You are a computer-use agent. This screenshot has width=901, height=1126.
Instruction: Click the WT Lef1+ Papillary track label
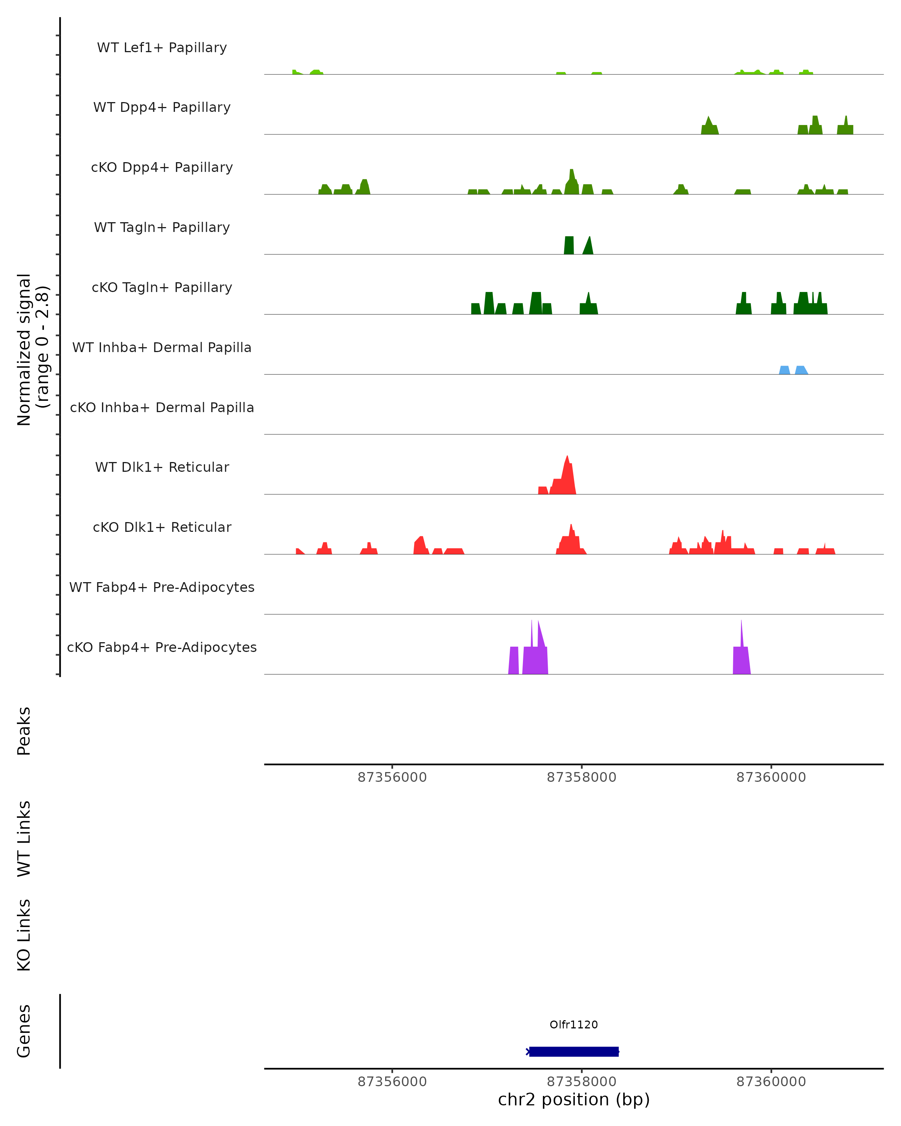pos(162,48)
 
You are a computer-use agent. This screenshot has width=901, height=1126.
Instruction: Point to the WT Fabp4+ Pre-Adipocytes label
pos(162,587)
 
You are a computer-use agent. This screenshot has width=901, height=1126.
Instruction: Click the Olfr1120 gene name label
pos(574,1025)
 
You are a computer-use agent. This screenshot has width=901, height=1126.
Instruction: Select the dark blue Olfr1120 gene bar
pos(574,1051)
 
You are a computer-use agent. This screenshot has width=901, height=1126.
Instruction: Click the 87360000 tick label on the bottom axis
pos(771,1082)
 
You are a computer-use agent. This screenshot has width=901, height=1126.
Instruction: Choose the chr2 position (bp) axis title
pos(574,1100)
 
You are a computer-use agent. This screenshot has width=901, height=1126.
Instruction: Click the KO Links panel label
pos(24,935)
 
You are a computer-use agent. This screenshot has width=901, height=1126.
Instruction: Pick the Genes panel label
pos(24,1031)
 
